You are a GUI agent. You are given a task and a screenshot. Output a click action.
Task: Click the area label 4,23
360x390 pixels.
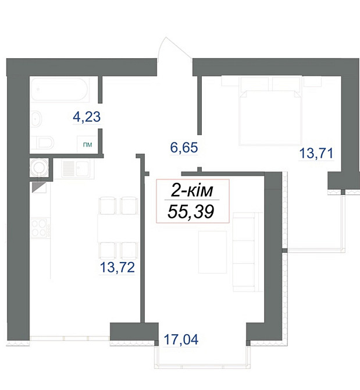87,117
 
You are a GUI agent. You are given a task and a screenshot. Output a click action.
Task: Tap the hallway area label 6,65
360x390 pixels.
184,148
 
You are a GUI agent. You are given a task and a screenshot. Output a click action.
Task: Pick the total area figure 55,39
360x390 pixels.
190,211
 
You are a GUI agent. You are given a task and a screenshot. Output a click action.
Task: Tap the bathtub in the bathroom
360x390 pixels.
60,90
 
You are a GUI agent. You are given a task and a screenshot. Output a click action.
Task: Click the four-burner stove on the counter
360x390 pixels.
40,227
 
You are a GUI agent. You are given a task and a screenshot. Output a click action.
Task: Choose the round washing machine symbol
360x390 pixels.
40,167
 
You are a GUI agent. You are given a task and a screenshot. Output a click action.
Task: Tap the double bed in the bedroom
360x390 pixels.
270,114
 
